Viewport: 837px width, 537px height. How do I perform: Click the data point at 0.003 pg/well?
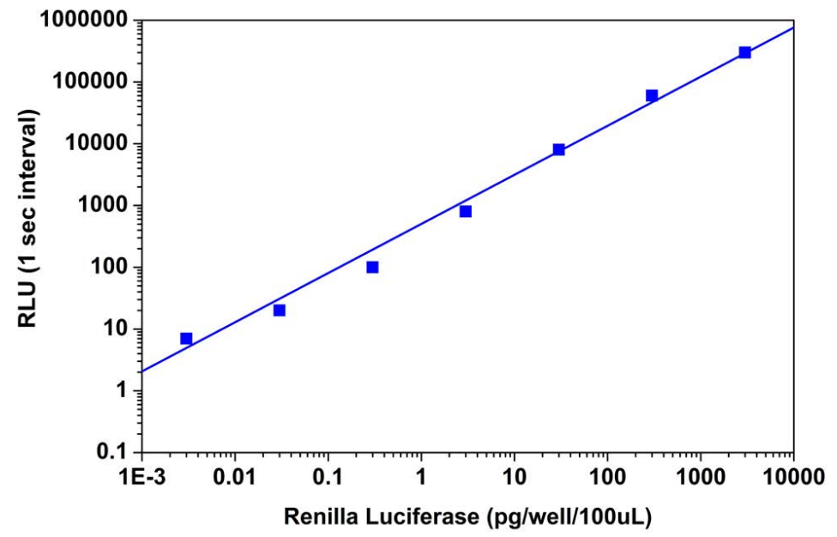coord(186,339)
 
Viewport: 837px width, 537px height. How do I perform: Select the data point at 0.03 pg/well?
coord(280,310)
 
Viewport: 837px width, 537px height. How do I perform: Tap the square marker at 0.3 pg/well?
coord(372,267)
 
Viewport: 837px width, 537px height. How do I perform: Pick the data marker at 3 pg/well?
coord(466,211)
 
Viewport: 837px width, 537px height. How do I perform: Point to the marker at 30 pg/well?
coord(559,149)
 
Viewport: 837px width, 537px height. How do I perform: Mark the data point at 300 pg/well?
coord(652,95)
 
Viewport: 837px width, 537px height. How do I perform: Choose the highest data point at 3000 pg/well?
coord(745,52)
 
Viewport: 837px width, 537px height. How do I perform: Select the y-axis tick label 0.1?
coord(117,452)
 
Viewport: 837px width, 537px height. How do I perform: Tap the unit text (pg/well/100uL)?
coord(569,517)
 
